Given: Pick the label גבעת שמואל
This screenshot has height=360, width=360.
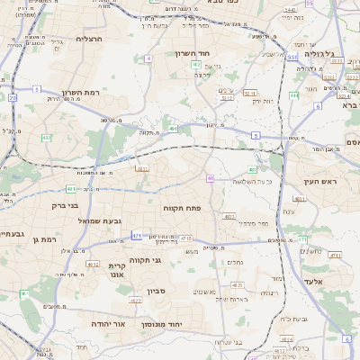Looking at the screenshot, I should pyautogui.click(x=99, y=220).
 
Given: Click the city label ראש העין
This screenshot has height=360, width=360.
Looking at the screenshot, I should pyautogui.click(x=317, y=183).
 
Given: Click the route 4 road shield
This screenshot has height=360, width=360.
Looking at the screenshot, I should pyautogui.click(x=147, y=58).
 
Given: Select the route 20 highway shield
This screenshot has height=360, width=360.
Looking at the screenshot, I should pyautogui.click(x=13, y=97).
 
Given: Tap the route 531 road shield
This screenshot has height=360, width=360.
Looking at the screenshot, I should pyautogui.click(x=293, y=58).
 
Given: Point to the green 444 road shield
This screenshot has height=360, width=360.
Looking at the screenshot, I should pyautogui.click(x=293, y=94).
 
